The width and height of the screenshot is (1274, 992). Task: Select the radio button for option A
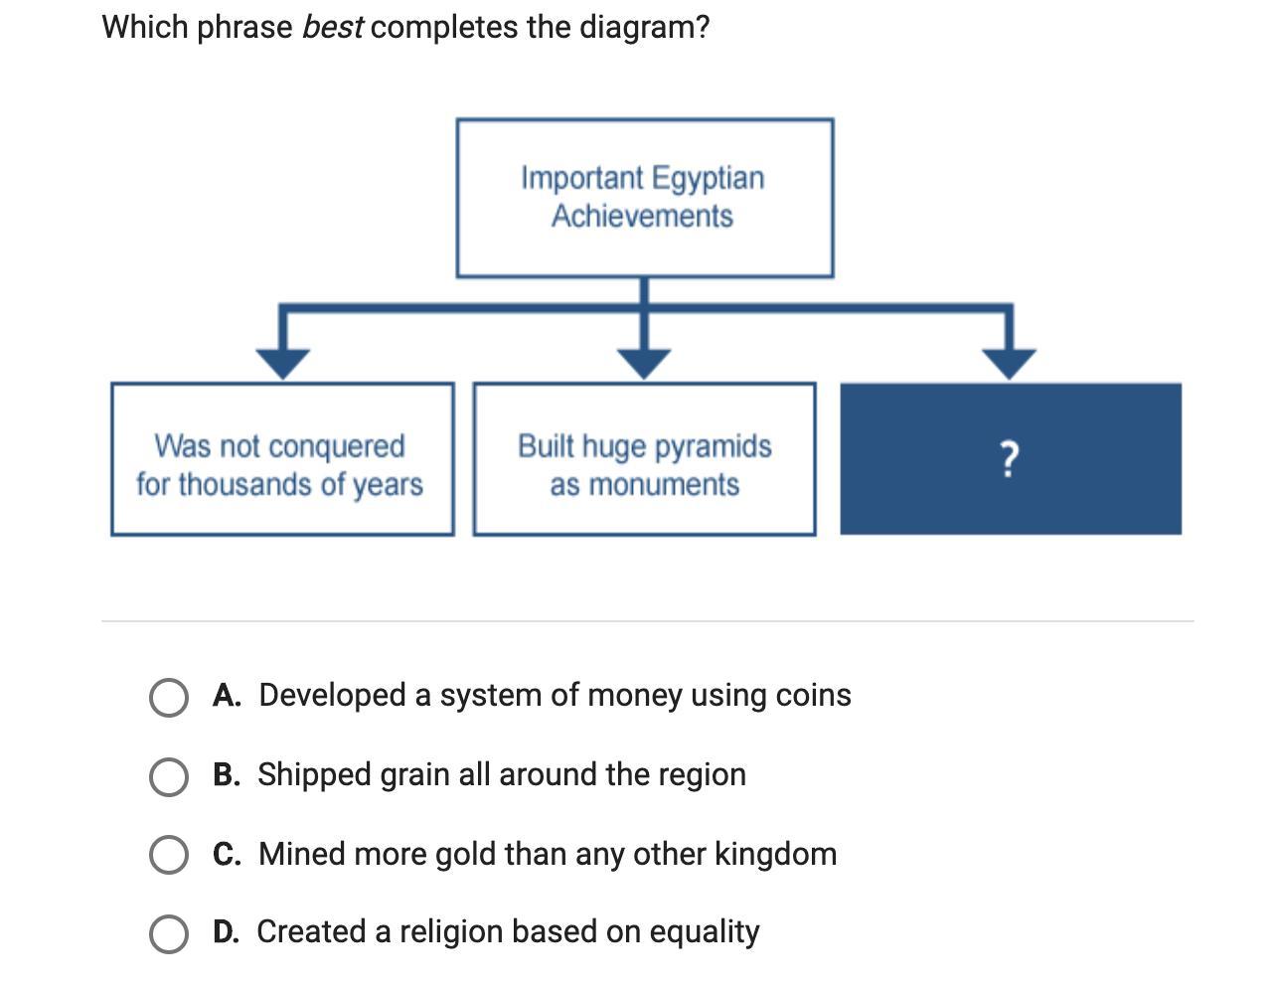[169, 698]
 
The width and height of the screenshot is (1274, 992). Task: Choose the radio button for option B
[169, 777]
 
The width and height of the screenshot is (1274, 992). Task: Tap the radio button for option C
[169, 855]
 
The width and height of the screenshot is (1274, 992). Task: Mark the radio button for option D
[169, 934]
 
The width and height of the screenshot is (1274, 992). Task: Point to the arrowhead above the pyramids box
[644, 363]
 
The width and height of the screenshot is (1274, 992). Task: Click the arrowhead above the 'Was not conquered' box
[283, 363]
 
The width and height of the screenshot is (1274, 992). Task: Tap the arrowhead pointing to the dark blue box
[1010, 363]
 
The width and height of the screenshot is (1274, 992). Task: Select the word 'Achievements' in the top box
[642, 216]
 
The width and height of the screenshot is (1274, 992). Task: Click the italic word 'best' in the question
[332, 27]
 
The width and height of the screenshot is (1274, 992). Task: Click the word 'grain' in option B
[414, 774]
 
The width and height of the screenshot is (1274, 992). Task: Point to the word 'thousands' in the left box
[239, 485]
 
